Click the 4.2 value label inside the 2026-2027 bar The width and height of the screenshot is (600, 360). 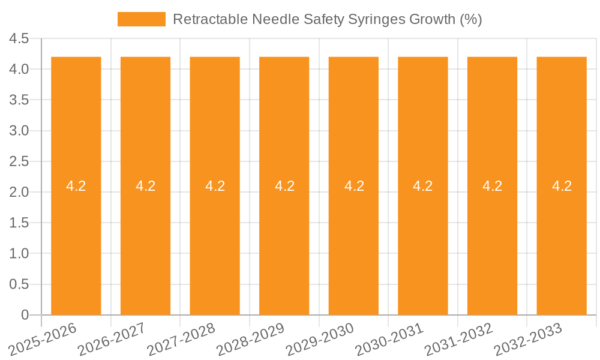[145, 186]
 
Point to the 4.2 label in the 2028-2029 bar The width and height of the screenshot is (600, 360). [284, 186]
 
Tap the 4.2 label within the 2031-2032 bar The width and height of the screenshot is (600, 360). [492, 186]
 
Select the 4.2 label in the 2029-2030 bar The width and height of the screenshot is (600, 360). [354, 186]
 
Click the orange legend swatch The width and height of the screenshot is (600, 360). [142, 19]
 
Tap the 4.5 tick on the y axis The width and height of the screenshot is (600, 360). [19, 39]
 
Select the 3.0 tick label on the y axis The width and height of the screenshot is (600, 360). [19, 131]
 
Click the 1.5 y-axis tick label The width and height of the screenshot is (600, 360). [19, 223]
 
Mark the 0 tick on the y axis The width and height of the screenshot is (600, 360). [25, 315]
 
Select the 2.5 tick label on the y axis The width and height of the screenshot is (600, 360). [19, 161]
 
